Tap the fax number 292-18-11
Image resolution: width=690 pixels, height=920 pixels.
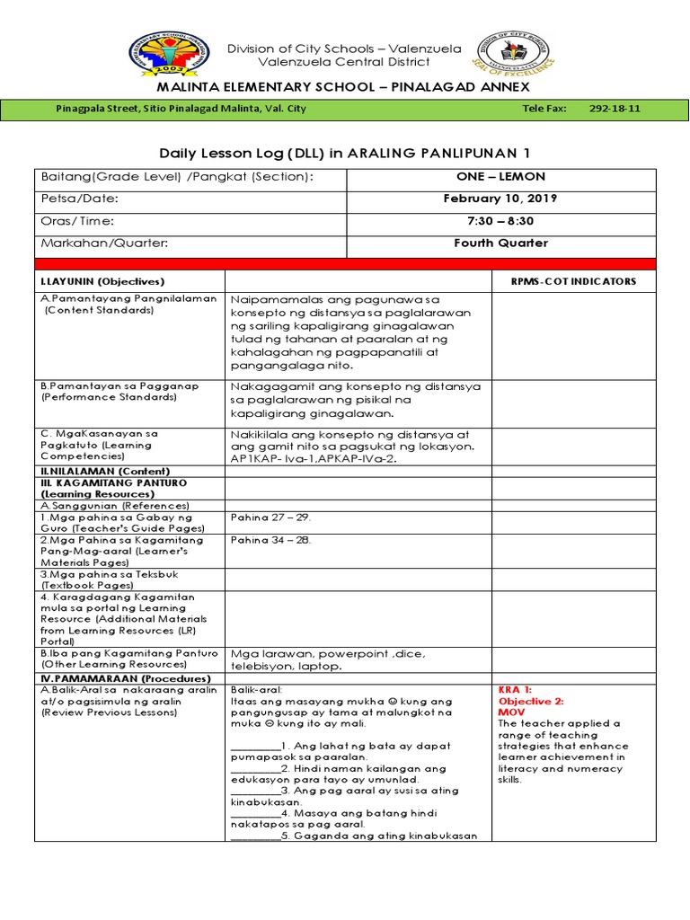coord(615,109)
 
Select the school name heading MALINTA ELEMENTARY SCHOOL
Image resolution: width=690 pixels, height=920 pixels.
coord(344,86)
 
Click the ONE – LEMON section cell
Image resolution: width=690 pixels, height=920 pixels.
coord(500,177)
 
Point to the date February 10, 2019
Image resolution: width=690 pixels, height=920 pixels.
coord(500,199)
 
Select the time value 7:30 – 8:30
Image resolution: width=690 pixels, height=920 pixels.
coord(500,221)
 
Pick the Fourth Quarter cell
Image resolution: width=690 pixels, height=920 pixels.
coord(500,243)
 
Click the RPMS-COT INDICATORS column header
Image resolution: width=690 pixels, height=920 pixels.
coord(573,281)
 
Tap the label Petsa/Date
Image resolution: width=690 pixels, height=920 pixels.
coord(80,199)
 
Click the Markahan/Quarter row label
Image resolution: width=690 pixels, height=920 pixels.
coord(104,243)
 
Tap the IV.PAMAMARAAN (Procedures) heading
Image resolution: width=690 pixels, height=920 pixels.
coord(125,678)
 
